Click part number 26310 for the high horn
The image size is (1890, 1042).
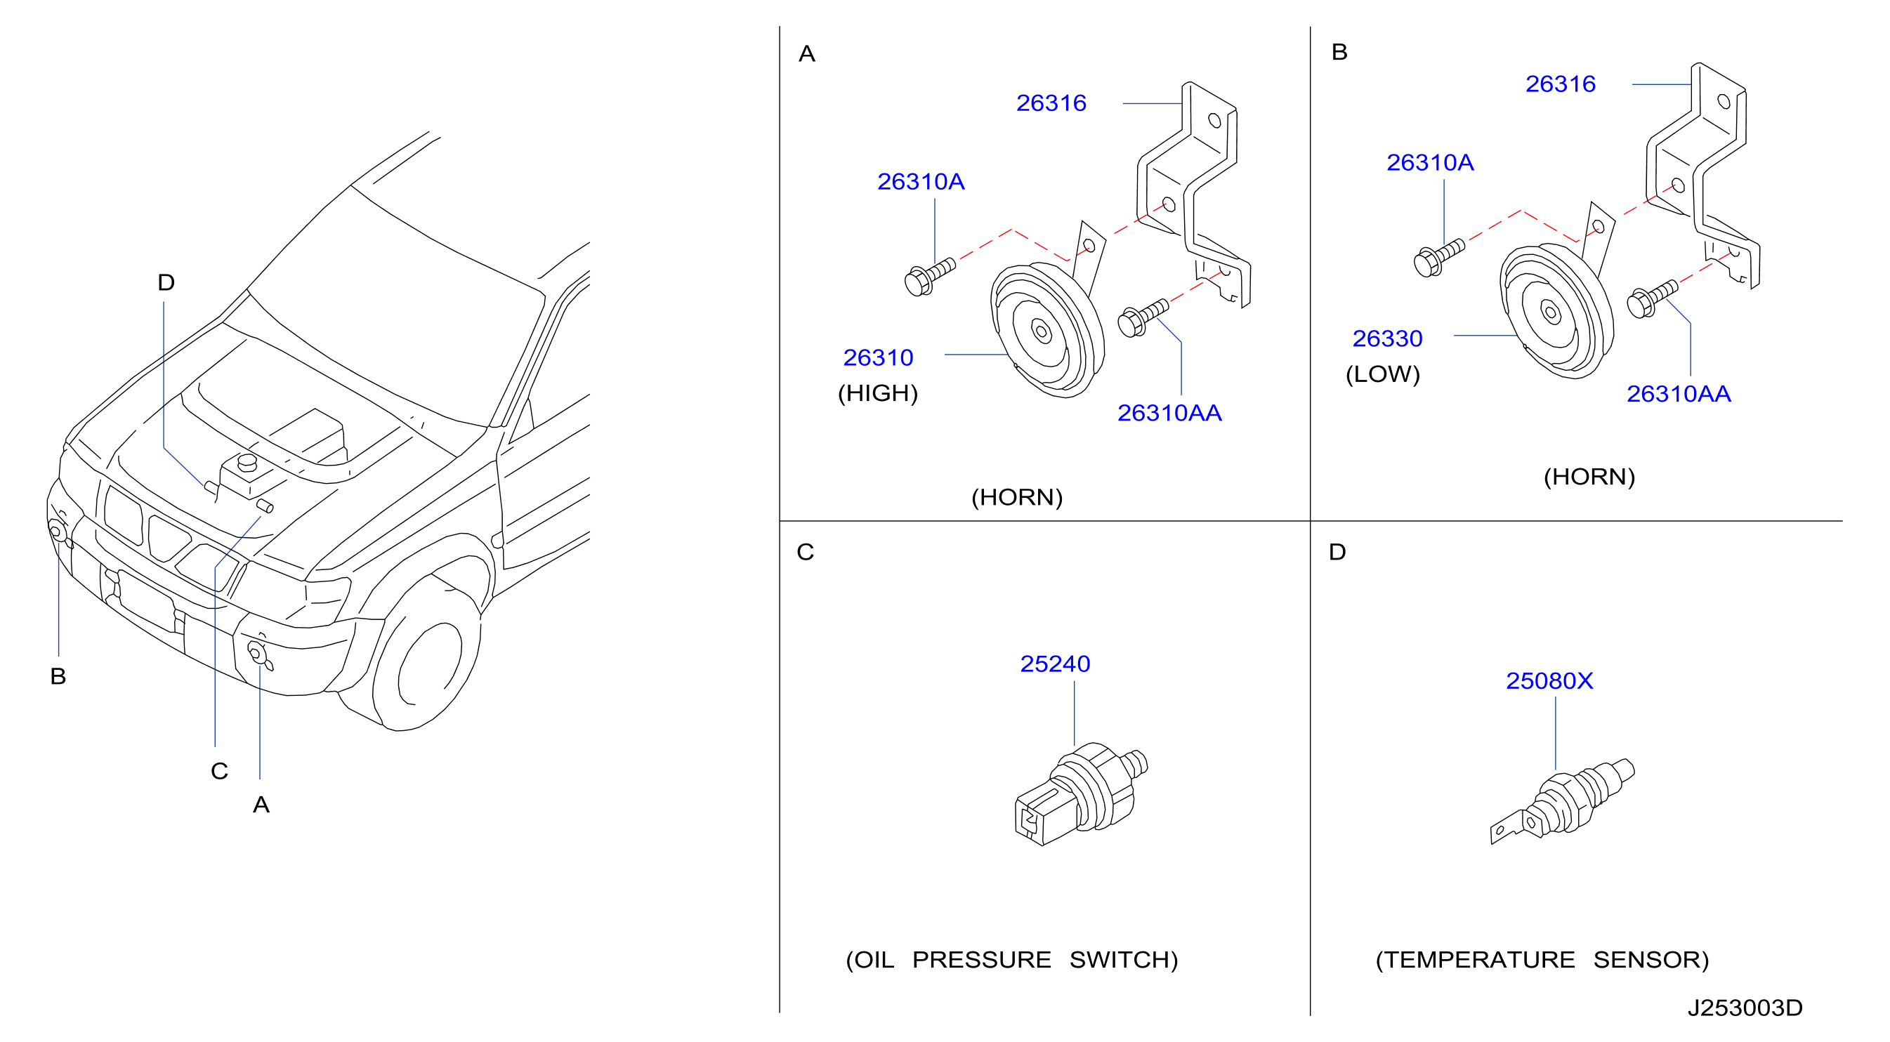(877, 357)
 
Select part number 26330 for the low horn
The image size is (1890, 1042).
(1386, 338)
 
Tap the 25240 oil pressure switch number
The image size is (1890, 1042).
(1054, 664)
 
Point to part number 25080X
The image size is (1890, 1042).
(1549, 680)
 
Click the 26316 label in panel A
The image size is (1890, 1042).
(1051, 103)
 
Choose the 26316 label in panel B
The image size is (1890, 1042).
(1560, 84)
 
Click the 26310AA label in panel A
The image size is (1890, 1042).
(1169, 413)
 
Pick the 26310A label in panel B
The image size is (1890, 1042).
(1429, 162)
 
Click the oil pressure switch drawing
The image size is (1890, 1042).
(1081, 793)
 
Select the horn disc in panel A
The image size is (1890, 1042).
(1047, 330)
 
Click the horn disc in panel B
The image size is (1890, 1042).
(1556, 311)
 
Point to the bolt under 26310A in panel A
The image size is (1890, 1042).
(930, 277)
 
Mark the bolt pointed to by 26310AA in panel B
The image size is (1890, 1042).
(1651, 299)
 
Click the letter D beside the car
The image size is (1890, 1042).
(166, 282)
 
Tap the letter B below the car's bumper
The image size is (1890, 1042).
(58, 676)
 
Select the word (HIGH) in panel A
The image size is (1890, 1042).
(877, 393)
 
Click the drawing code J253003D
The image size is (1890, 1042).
(1744, 1008)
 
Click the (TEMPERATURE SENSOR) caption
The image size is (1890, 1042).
(1542, 960)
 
